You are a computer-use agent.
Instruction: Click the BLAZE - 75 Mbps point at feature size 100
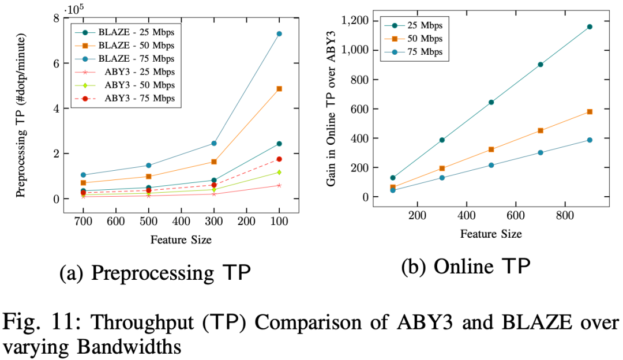coord(279,34)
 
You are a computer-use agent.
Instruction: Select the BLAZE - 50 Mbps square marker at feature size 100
coord(279,89)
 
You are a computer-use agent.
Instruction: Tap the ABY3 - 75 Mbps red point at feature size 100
coord(279,159)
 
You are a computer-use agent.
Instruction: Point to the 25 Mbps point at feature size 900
coord(590,27)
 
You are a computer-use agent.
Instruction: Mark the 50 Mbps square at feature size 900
coord(590,111)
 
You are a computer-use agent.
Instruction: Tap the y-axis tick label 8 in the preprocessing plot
coord(57,18)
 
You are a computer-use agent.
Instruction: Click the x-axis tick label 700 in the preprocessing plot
coord(84,221)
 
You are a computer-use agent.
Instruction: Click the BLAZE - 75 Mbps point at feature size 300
coord(214,143)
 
